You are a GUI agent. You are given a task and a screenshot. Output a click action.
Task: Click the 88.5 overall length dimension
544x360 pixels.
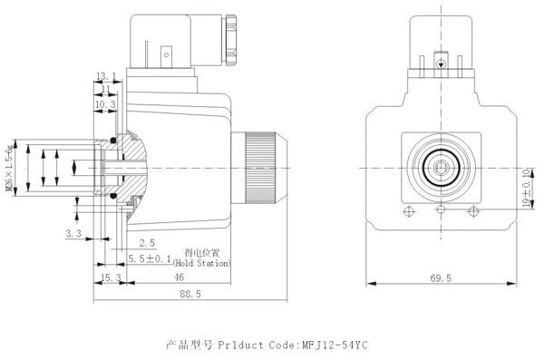pyautogui.click(x=190, y=294)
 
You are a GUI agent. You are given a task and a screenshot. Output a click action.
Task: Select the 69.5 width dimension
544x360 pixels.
pyautogui.click(x=441, y=278)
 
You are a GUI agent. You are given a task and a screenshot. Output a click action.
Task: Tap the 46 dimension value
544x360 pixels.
pyautogui.click(x=179, y=277)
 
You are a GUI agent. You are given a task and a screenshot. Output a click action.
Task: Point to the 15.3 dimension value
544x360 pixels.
pyautogui.click(x=111, y=277)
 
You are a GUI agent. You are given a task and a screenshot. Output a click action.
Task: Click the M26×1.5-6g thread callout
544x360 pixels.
pyautogui.click(x=11, y=168)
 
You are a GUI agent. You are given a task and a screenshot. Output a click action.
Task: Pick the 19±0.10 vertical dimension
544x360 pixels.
pyautogui.click(x=527, y=188)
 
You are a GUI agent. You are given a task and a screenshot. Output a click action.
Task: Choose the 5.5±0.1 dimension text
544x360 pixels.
pyautogui.click(x=150, y=258)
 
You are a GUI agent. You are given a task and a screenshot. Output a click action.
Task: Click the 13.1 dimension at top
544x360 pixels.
pyautogui.click(x=106, y=76)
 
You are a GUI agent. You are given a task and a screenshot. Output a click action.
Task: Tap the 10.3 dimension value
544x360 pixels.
pyautogui.click(x=105, y=104)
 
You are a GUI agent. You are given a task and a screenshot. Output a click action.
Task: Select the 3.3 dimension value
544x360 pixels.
pyautogui.click(x=73, y=233)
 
